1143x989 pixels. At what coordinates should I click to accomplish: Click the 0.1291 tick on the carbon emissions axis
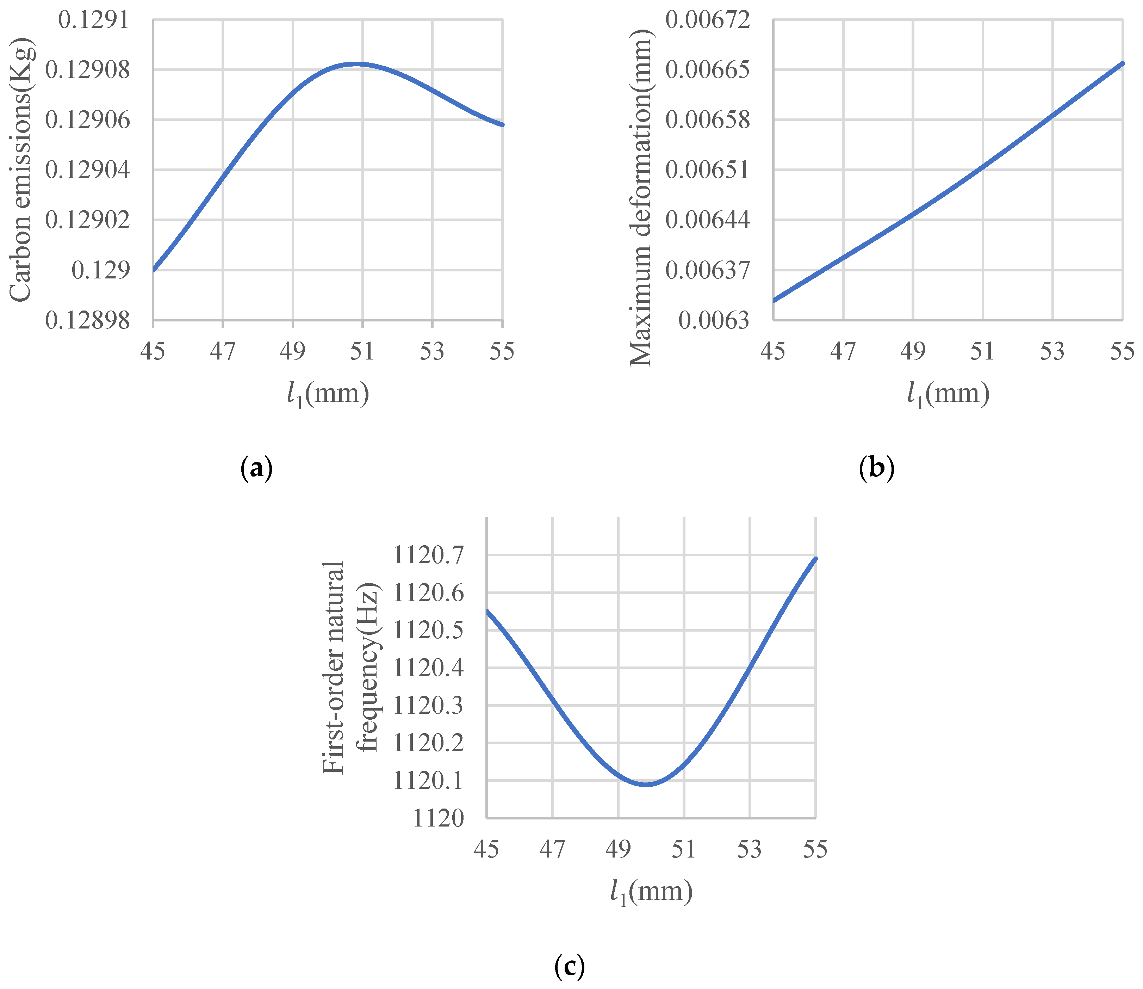pos(94,20)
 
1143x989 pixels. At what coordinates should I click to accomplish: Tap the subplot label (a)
pos(256,468)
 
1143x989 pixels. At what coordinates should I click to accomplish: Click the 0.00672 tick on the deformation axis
pos(708,20)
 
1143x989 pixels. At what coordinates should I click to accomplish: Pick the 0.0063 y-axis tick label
pos(714,320)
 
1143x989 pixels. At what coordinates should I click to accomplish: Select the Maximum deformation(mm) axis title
pos(641,198)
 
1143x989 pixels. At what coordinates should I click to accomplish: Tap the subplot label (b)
pos(877,468)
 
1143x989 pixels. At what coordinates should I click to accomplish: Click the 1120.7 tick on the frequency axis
pos(428,555)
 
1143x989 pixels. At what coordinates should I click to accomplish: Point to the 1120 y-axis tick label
pos(439,818)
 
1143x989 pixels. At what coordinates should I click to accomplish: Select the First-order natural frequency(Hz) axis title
pos(351,668)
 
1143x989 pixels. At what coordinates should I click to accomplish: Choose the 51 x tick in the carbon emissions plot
pos(362,351)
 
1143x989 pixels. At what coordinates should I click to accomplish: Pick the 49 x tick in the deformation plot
pos(913,351)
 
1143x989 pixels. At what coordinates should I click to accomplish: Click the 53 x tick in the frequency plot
pos(749,849)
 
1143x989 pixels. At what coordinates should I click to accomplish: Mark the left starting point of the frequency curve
pos(487,611)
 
